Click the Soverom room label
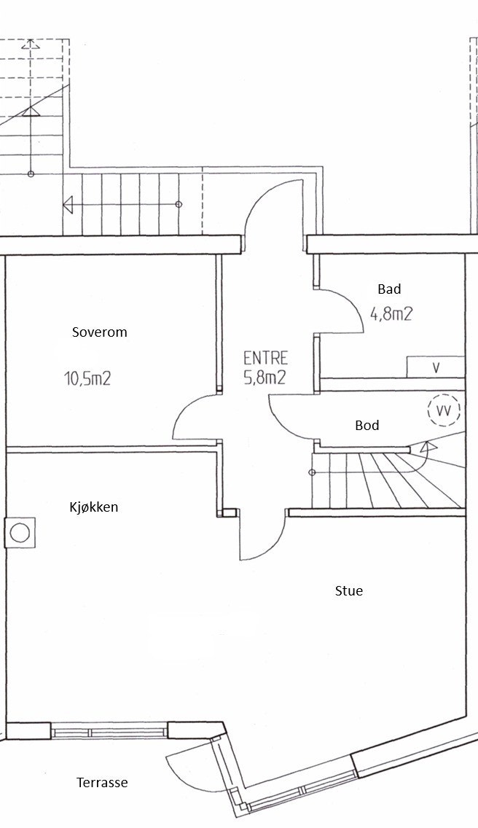[99, 332]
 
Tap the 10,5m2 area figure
[87, 378]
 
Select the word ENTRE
[265, 358]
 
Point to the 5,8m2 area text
[265, 377]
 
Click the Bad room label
[389, 289]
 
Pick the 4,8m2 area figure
[391, 314]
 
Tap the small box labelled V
[435, 367]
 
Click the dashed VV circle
[442, 410]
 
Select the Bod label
[367, 425]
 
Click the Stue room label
[348, 590]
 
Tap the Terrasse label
[102, 783]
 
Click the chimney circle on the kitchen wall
[20, 531]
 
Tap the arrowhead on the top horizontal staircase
[69, 205]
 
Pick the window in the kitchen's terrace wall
[109, 730]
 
